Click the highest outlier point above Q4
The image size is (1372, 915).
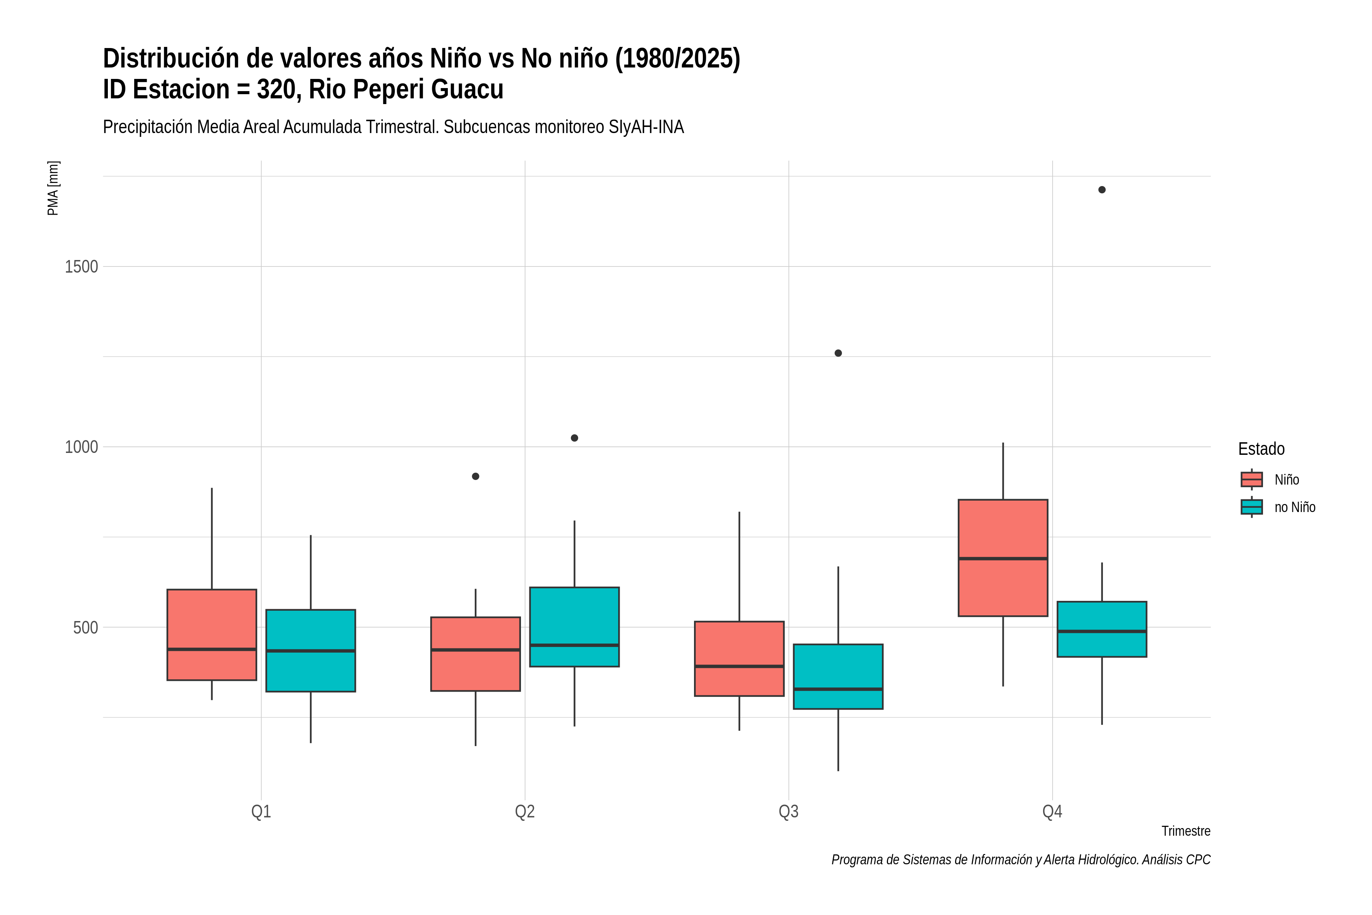click(1102, 189)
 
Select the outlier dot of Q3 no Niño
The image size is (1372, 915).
click(838, 353)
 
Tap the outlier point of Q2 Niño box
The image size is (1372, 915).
click(475, 476)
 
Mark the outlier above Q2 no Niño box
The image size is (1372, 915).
click(575, 438)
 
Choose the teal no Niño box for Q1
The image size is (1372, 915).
click(310, 651)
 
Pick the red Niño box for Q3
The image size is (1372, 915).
click(739, 658)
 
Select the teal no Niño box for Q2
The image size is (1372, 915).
click(575, 627)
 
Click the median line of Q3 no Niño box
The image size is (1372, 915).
click(838, 689)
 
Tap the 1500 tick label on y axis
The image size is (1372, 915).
click(81, 266)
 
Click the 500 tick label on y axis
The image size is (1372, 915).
click(85, 627)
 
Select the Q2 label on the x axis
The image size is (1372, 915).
click(525, 811)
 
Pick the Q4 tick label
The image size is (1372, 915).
click(1052, 811)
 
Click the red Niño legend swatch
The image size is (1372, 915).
click(1252, 479)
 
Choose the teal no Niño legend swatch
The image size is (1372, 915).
click(1252, 507)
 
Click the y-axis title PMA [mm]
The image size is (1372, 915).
click(53, 188)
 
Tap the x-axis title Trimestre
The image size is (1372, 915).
click(1186, 831)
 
